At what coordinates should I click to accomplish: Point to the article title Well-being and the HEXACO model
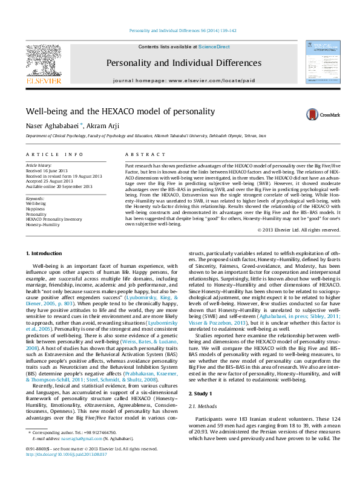(x=120, y=112)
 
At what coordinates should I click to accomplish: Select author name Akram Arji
(x=103, y=126)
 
